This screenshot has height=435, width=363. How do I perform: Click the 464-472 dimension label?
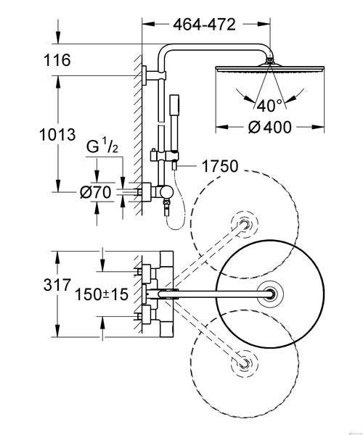coord(204,25)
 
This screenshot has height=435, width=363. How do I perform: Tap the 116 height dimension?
coord(57,60)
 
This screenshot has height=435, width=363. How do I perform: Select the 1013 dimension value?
coord(57,135)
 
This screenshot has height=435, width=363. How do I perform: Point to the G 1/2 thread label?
coord(102,146)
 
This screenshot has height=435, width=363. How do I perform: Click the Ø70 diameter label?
coord(96,192)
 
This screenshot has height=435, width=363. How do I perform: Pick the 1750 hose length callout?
coord(220,166)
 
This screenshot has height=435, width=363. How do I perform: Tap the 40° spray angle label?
coord(269,106)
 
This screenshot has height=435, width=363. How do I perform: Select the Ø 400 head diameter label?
coord(269,128)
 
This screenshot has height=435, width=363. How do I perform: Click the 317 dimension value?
coord(57,285)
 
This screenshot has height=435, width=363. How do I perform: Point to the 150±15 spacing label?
coord(102,294)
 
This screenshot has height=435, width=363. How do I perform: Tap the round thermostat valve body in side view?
coord(167,192)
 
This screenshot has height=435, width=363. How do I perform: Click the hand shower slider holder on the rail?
coord(163,156)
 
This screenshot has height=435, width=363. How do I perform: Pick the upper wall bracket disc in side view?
coord(144,75)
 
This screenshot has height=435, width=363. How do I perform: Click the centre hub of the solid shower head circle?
coord(270,294)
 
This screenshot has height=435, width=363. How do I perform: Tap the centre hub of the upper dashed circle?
coord(245,223)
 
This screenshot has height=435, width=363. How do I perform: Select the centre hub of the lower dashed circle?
coord(245,363)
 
